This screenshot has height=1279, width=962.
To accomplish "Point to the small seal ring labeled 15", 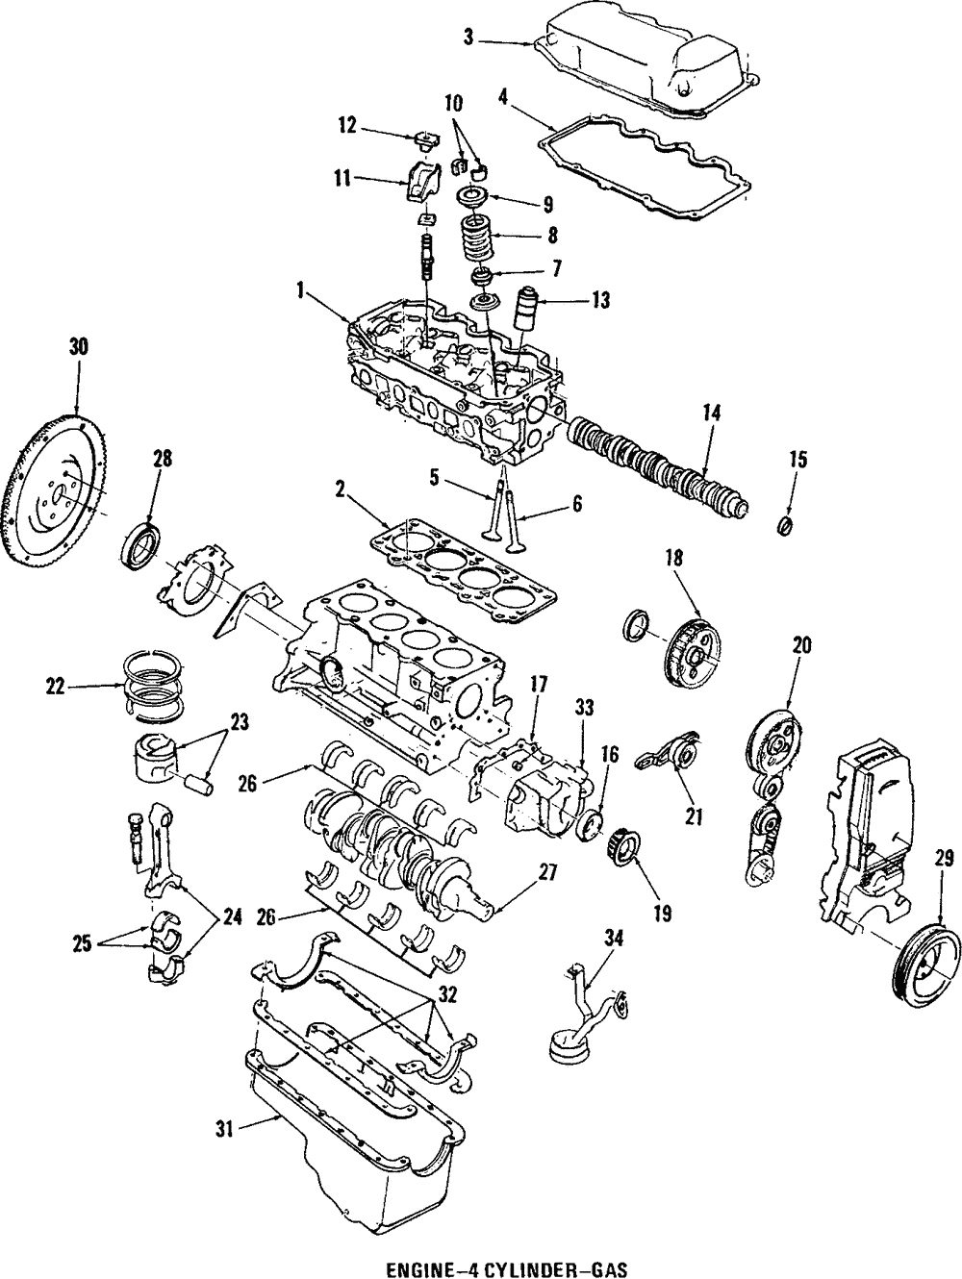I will point(785,526).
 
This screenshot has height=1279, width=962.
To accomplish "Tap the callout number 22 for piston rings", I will point(57,686).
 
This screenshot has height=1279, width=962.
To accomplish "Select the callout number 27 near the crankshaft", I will point(547,871).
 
